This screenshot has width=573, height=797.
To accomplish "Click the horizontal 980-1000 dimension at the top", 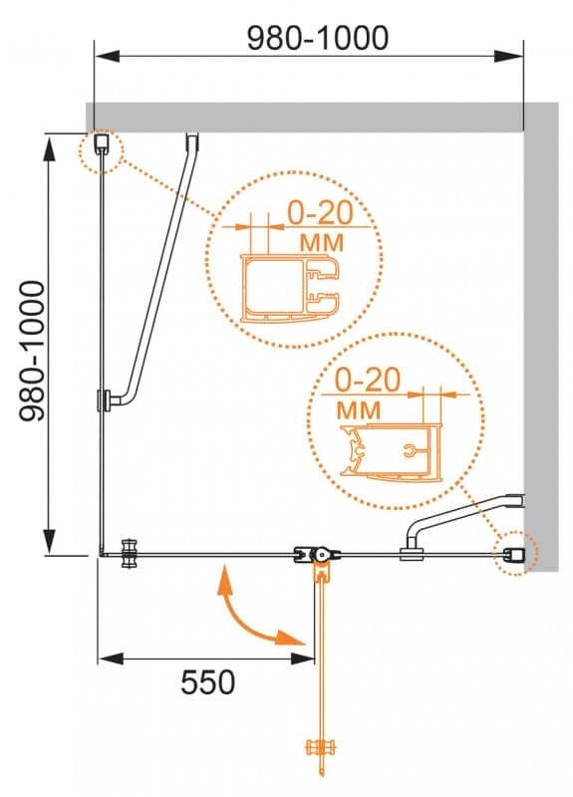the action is (x=318, y=38).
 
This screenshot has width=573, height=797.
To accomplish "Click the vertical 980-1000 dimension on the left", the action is (x=33, y=351).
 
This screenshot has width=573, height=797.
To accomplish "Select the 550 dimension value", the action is (x=208, y=682).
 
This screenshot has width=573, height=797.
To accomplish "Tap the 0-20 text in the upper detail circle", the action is (x=320, y=212).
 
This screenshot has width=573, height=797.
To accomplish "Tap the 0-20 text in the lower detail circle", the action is (x=368, y=380).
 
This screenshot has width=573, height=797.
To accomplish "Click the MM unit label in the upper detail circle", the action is (x=321, y=242).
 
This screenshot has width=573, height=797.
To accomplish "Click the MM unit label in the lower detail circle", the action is (x=359, y=409).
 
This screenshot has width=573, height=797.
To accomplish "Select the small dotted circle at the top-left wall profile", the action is (x=102, y=150).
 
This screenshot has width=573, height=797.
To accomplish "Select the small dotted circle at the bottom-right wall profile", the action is (x=516, y=553).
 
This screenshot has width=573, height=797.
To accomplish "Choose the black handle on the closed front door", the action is (x=130, y=554).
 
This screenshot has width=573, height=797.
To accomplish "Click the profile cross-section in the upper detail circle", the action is (x=291, y=288).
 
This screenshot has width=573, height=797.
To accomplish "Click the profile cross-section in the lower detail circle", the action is (x=391, y=450).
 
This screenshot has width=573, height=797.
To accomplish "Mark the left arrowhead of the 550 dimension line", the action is (x=111, y=659).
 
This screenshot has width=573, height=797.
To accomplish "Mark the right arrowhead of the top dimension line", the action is (x=509, y=56).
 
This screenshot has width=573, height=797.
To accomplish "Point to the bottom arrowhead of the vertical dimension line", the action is (x=49, y=541).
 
